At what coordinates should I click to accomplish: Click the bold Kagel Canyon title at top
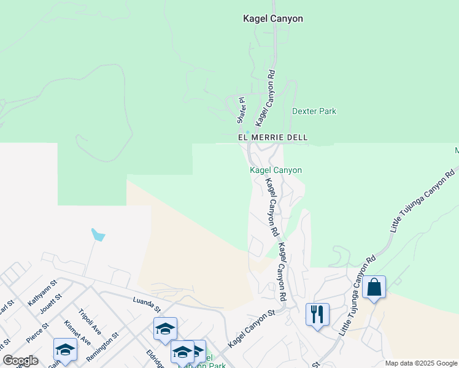pyautogui.click(x=272, y=19)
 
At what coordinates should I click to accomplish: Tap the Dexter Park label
pyautogui.click(x=314, y=112)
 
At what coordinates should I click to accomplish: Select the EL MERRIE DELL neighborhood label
pyautogui.click(x=272, y=138)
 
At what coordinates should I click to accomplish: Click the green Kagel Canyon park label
pyautogui.click(x=276, y=170)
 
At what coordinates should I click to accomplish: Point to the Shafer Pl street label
pyautogui.click(x=242, y=109)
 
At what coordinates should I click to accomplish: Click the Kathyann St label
pyautogui.click(x=42, y=292)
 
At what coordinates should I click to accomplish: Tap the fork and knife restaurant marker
pyautogui.click(x=317, y=314)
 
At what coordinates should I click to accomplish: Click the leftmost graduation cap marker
pyautogui.click(x=65, y=349)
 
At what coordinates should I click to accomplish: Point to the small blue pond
pyautogui.click(x=98, y=235)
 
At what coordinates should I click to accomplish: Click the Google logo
pyautogui.click(x=20, y=361)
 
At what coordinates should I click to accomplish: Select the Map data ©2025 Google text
pyautogui.click(x=420, y=363)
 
